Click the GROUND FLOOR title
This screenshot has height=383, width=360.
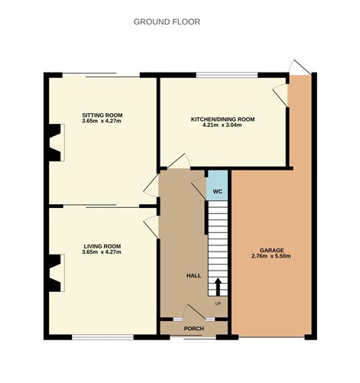(167, 22)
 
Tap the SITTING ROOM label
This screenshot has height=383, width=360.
(102, 115)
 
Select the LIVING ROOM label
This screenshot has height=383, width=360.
(102, 246)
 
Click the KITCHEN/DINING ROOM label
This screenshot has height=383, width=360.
(222, 119)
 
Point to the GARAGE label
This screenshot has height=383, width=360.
(271, 250)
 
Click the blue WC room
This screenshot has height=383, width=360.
(217, 185)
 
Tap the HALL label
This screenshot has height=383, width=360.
(193, 275)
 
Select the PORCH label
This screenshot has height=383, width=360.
(194, 329)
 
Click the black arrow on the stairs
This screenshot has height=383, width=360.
(218, 287)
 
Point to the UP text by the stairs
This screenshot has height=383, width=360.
(218, 303)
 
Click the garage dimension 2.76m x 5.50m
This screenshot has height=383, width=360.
(271, 256)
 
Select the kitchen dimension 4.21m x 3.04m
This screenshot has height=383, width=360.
(222, 125)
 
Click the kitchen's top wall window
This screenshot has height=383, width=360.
(227, 75)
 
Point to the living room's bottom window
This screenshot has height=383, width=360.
(102, 337)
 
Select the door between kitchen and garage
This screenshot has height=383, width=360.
(281, 95)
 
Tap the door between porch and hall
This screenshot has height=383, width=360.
(194, 311)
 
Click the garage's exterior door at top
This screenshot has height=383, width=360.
(300, 67)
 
